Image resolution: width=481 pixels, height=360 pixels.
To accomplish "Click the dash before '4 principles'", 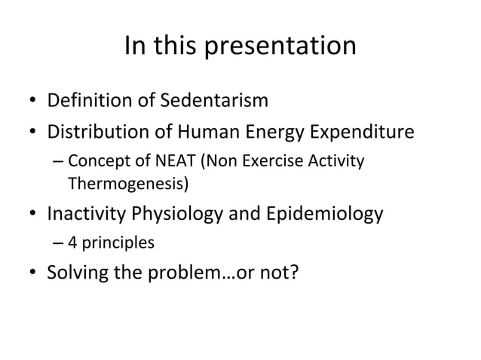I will click(59, 244).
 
